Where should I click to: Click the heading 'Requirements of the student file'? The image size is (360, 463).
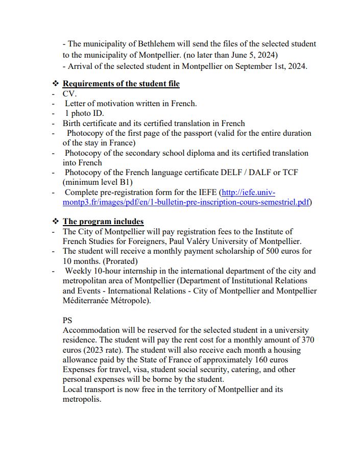(121, 84)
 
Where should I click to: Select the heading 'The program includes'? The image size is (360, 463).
(103, 222)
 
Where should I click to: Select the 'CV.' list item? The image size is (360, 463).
(69, 94)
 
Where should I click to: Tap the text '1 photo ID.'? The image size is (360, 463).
(84, 113)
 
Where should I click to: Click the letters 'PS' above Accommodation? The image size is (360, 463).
(67, 321)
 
